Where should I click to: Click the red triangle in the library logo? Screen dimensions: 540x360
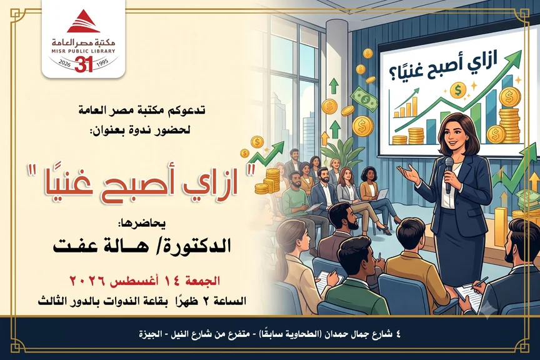pyautogui.click(x=83, y=21)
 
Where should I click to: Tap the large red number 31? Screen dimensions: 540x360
pyautogui.click(x=84, y=64)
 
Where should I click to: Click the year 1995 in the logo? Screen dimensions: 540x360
pyautogui.click(x=102, y=62)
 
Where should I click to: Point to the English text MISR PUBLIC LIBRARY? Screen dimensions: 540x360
pyautogui.click(x=84, y=51)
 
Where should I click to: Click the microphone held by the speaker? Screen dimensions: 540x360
pyautogui.click(x=449, y=174)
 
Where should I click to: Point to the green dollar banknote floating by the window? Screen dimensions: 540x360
pyautogui.click(x=365, y=97)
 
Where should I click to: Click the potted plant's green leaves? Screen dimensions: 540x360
pyautogui.click(x=339, y=151)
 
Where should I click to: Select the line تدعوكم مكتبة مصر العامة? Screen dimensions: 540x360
pyautogui.click(x=141, y=111)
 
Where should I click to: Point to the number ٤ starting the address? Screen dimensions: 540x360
pyautogui.click(x=399, y=334)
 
